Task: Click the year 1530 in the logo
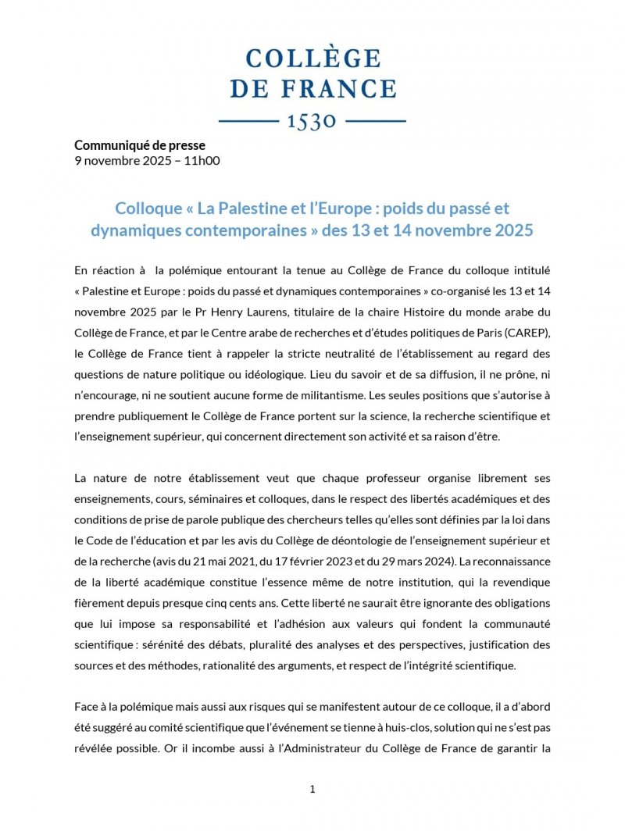(x=312, y=121)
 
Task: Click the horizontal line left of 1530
(x=248, y=121)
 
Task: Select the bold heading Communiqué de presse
(x=140, y=144)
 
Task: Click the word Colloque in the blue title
(x=152, y=209)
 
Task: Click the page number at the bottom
(x=312, y=789)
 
